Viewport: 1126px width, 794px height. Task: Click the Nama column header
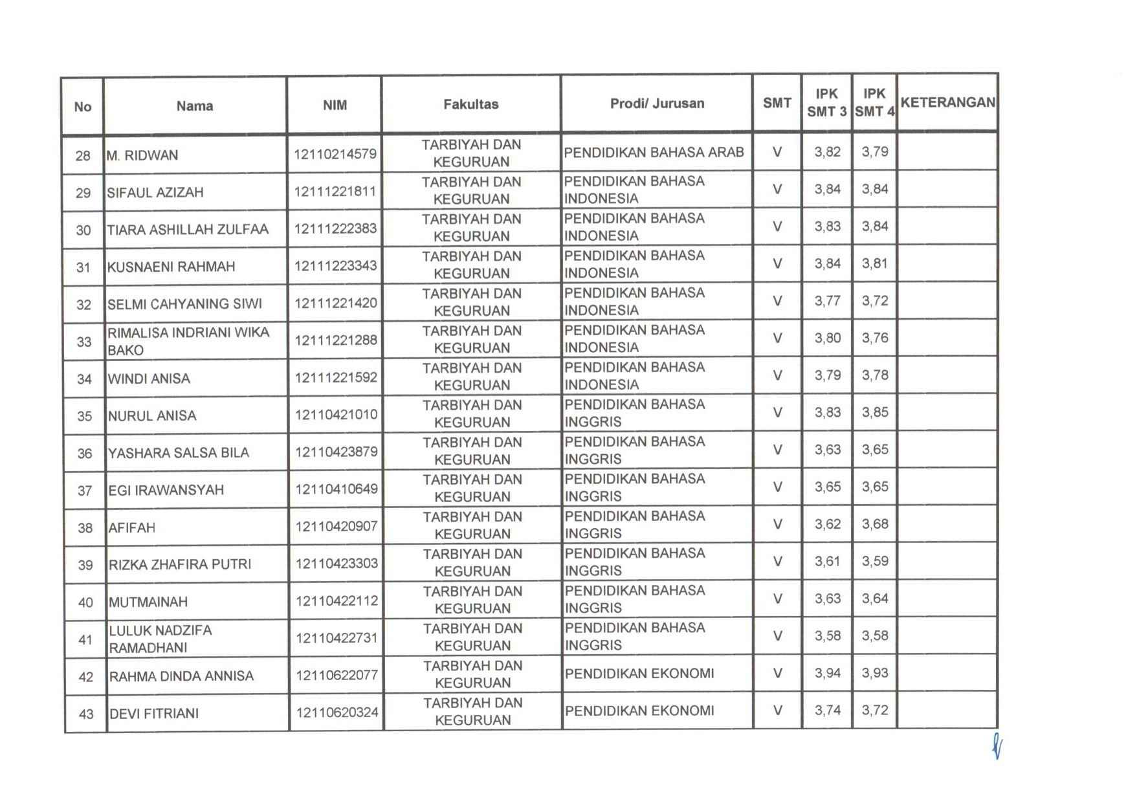coord(194,106)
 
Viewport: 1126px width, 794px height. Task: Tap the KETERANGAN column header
coord(947,102)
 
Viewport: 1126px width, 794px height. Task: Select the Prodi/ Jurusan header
coord(657,104)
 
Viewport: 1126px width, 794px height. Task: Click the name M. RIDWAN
coord(142,155)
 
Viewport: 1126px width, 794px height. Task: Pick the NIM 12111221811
coord(335,192)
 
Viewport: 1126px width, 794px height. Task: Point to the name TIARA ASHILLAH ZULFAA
coord(187,229)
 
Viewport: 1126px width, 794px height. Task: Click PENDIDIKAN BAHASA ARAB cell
coord(654,153)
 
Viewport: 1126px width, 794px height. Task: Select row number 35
coord(84,416)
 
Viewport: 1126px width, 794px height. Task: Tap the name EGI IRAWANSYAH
coord(166,490)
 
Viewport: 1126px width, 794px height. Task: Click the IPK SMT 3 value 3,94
coord(827,673)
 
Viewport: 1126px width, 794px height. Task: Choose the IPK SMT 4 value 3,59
coord(874,561)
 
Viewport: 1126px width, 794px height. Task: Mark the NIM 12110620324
coord(337,712)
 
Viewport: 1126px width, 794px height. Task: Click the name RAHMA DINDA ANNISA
coord(181,676)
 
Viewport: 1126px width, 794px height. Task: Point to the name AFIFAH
coord(132,527)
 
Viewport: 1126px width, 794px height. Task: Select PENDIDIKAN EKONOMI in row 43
coord(639,711)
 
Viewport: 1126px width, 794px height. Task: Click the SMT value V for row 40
coord(777,599)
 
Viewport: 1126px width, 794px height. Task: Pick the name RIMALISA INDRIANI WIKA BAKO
coord(188,341)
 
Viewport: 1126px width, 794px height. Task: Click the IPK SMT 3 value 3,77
coord(827,301)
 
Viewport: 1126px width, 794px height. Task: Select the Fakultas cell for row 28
coord(471,153)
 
